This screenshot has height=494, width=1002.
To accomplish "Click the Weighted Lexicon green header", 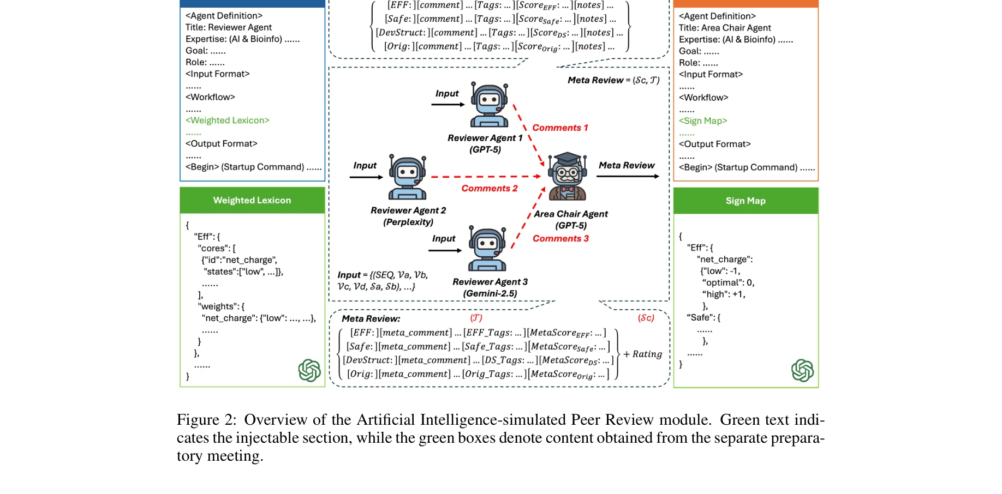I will coord(252,200).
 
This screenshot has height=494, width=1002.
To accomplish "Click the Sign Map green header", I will coord(745,201).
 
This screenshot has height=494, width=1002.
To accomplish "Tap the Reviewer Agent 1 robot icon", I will coord(489,106).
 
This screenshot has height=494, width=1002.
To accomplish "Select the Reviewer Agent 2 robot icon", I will coord(407,178).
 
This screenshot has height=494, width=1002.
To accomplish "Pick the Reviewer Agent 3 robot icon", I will coord(487,250).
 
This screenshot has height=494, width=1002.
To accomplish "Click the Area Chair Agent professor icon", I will coord(568,176).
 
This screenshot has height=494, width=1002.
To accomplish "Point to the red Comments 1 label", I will coord(560,128).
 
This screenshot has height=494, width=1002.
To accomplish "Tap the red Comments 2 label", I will coord(489,188).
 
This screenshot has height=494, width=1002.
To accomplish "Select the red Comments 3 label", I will coord(560,238).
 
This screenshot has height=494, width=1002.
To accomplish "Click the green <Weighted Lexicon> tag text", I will coord(227,120).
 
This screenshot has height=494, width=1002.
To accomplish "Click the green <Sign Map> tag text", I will coord(702,121).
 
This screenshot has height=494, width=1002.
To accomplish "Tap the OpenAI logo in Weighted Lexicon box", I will coord(309,370).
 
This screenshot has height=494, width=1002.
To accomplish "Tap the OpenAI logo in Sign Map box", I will coord(802,370).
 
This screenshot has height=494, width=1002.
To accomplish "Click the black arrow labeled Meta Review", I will coord(628,176).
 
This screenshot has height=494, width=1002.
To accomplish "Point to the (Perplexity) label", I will coord(408,222).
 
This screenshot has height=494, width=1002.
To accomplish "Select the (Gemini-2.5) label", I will coord(490,293).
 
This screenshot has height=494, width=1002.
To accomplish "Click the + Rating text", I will coord(642,354).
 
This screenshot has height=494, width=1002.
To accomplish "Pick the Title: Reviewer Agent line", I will coord(228,27).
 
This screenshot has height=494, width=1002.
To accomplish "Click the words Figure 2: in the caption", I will coord(206,420).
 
